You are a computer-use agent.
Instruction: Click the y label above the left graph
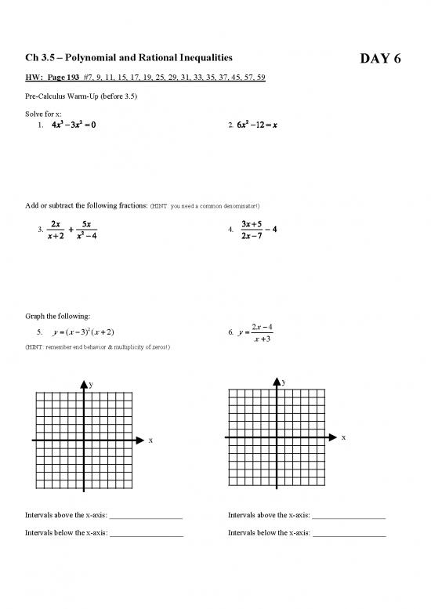click(91, 385)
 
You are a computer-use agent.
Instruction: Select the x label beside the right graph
click(342, 438)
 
